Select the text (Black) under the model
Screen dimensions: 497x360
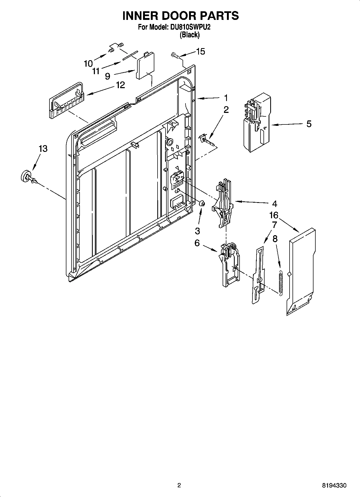[190, 35]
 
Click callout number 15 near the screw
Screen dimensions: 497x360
[201, 51]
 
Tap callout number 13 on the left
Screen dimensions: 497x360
[43, 148]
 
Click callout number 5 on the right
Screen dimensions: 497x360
[309, 124]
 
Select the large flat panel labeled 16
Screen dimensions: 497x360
[301, 271]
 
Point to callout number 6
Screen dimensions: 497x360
[197, 243]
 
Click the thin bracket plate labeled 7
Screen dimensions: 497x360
[258, 276]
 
